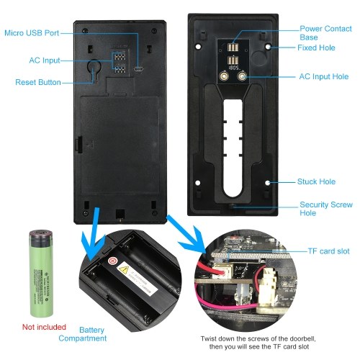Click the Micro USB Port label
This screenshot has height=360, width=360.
32,33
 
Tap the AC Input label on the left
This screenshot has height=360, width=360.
45,60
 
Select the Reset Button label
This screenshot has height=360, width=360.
38,82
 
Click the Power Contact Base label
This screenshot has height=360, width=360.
325,33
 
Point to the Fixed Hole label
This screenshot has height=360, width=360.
316,48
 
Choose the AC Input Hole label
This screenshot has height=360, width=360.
324,76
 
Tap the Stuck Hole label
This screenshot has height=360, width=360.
316,181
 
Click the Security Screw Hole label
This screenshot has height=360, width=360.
326,209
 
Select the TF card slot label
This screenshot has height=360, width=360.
328,251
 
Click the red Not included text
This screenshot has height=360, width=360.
44,327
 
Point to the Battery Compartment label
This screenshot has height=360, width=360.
83,334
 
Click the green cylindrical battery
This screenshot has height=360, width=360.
41,274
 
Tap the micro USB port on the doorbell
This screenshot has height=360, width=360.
138,69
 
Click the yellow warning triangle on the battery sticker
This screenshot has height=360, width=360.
124,270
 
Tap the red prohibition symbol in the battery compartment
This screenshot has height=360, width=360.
112,261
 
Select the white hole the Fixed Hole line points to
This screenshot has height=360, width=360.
268,47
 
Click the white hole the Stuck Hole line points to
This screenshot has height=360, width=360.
268,183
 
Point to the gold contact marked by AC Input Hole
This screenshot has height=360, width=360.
242,76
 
